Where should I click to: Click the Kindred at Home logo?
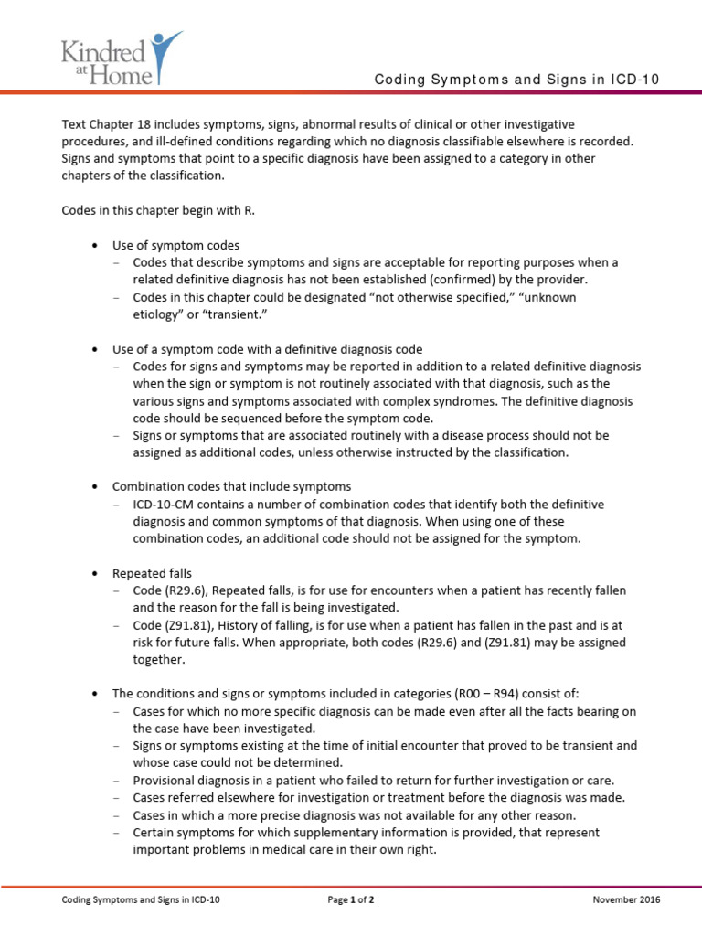(x=121, y=54)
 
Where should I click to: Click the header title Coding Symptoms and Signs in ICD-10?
(x=516, y=80)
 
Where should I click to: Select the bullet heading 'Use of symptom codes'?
(x=175, y=245)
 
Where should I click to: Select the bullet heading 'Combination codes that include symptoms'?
(x=231, y=486)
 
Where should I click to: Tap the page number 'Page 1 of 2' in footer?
(x=351, y=899)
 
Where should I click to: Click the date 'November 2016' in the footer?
(x=626, y=899)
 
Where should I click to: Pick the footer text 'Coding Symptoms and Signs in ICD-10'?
(x=141, y=899)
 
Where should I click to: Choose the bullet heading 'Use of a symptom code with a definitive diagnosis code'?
(x=267, y=349)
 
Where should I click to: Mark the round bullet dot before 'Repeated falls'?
(x=95, y=574)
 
